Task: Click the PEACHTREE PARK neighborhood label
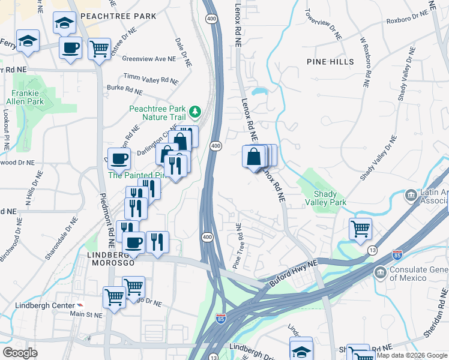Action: [x=113, y=16]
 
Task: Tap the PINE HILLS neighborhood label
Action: [x=330, y=62]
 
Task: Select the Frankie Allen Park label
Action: [x=28, y=97]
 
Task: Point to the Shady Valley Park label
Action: [x=331, y=198]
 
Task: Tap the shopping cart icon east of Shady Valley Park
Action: [x=360, y=229]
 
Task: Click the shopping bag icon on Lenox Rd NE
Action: [x=254, y=157]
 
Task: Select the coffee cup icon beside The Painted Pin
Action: [x=119, y=159]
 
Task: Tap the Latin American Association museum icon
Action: [x=411, y=195]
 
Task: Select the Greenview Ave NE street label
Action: [x=149, y=59]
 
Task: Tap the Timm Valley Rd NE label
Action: [x=151, y=79]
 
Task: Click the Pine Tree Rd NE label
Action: [x=237, y=246]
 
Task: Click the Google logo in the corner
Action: [x=20, y=352]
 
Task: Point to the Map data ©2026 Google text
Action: [x=412, y=355]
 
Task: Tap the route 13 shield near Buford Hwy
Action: [x=372, y=250]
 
